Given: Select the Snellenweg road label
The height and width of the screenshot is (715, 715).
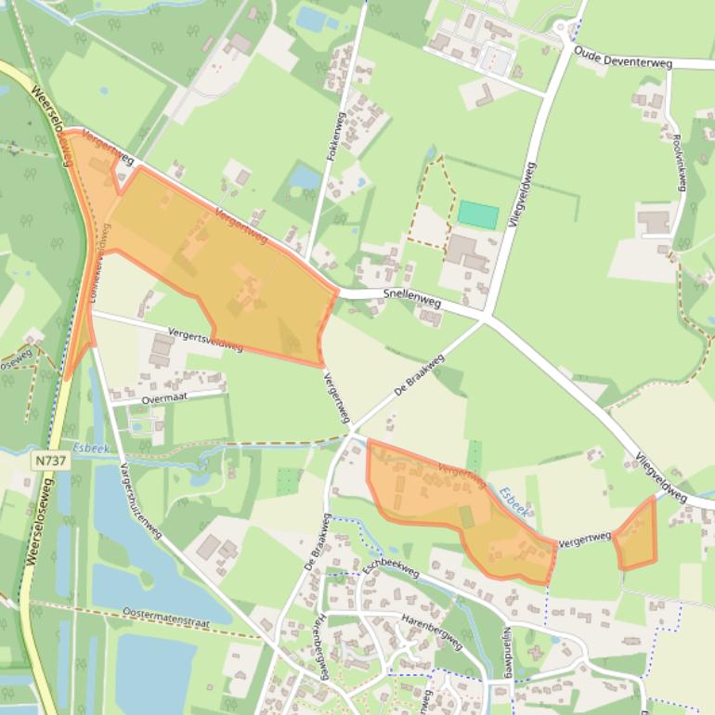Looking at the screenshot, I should pyautogui.click(x=411, y=297).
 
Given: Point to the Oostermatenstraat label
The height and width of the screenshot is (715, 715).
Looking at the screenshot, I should pyautogui.click(x=165, y=617).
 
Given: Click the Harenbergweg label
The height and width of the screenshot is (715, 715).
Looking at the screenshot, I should pyautogui.click(x=432, y=630).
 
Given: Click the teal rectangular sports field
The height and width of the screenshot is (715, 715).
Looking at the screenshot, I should pyautogui.click(x=478, y=214).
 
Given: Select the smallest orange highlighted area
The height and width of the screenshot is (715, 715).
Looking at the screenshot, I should pyautogui.click(x=636, y=535).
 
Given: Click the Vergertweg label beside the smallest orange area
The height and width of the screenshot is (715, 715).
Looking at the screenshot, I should pyautogui.click(x=584, y=539).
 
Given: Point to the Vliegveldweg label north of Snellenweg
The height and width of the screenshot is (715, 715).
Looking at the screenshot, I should pyautogui.click(x=523, y=199).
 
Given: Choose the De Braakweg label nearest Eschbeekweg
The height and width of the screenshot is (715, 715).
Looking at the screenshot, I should pyautogui.click(x=317, y=542).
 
